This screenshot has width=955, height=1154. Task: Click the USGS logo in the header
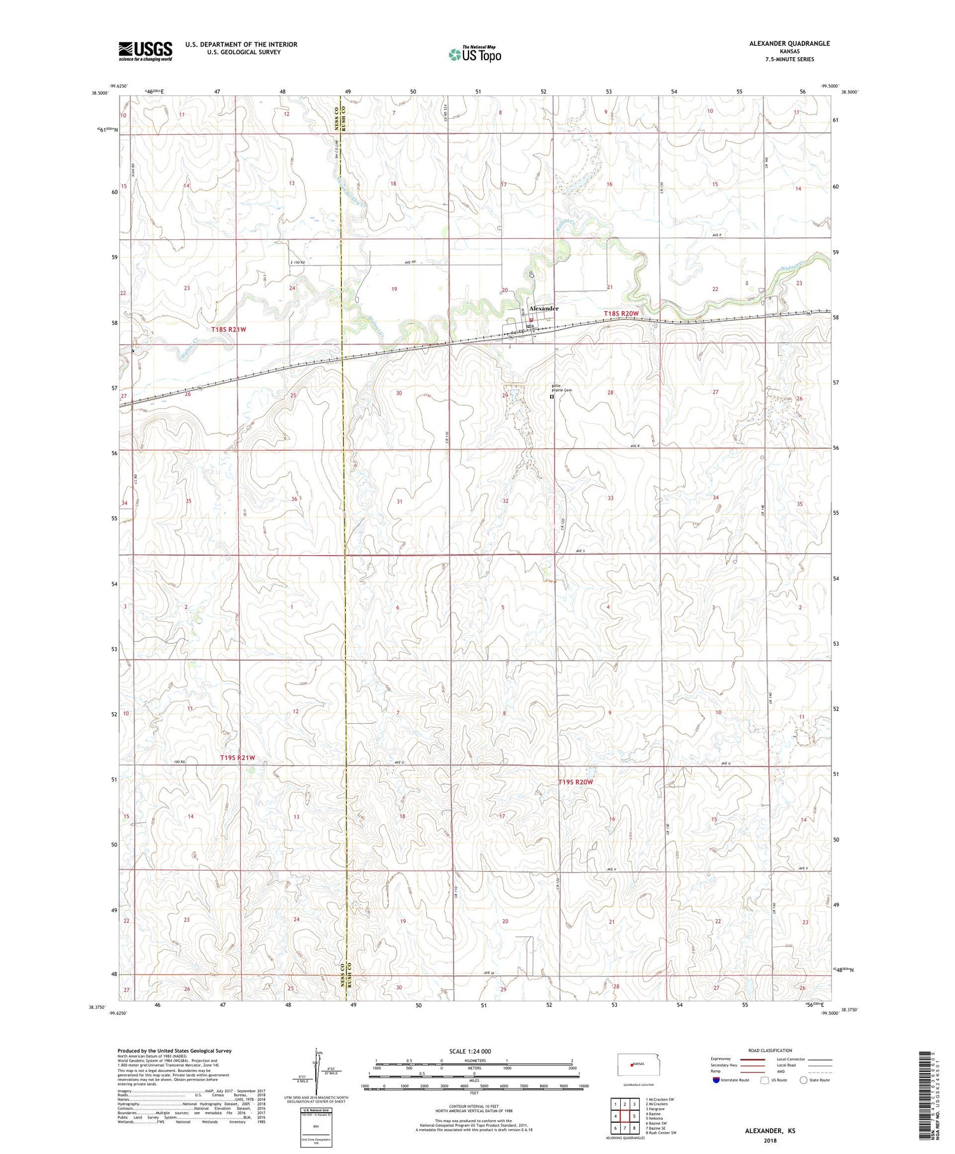[x=145, y=51]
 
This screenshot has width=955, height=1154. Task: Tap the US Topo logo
[x=474, y=54]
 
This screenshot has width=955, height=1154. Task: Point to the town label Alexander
[x=544, y=308]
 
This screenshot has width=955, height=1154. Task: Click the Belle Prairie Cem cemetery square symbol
[x=552, y=396]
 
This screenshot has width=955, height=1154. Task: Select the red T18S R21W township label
[x=229, y=329]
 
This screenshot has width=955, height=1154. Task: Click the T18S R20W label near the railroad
[x=621, y=314]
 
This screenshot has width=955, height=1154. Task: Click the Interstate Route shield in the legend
[x=717, y=1080]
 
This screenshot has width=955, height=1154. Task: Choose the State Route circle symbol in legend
[x=803, y=1080]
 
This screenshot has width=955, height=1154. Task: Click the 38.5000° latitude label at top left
[x=100, y=93]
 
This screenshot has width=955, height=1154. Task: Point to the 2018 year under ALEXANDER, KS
[x=770, y=1140]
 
